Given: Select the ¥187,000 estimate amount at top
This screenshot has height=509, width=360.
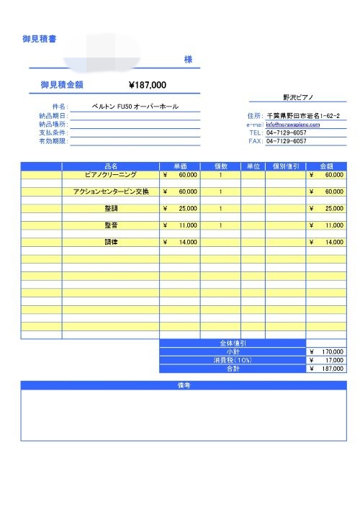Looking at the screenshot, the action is click(x=147, y=85).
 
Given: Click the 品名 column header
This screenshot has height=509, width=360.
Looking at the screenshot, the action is click(x=111, y=166).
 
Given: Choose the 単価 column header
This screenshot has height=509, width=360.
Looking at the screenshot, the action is click(x=180, y=166).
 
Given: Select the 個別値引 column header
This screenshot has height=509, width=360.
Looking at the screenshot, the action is click(x=285, y=166).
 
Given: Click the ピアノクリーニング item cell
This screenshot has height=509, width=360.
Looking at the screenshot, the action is click(x=111, y=174).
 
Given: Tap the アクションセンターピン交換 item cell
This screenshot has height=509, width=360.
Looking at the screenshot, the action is click(x=111, y=192).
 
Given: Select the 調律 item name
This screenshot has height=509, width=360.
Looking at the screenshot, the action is click(x=111, y=242).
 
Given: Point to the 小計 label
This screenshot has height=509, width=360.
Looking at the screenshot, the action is click(x=232, y=351).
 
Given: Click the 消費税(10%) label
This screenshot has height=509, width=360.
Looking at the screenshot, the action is click(x=232, y=360).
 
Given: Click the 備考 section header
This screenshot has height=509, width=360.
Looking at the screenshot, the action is click(x=183, y=385).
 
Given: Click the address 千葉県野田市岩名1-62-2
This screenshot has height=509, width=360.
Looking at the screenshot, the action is click(x=306, y=115).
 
